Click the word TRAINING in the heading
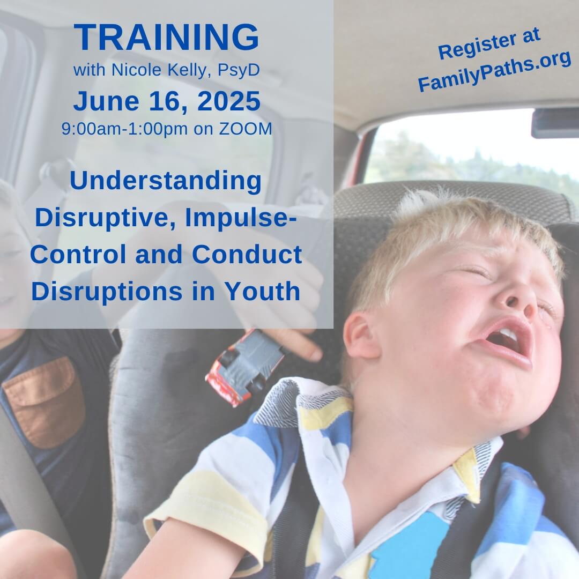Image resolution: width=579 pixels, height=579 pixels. [x=167, y=37]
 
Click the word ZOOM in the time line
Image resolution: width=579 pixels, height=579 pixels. [x=246, y=129]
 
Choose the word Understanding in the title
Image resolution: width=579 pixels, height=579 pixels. [x=166, y=182]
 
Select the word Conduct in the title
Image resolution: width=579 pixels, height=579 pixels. [x=247, y=254]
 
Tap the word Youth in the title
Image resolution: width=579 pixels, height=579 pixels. [x=263, y=291]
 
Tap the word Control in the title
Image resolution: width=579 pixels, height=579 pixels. [x=79, y=254]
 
